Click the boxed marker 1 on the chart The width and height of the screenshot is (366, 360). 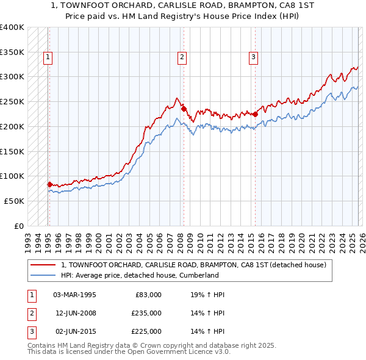pyautogui.click(x=48, y=58)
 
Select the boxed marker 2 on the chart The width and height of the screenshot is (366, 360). pyautogui.click(x=182, y=58)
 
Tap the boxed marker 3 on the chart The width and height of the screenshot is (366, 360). pyautogui.click(x=253, y=58)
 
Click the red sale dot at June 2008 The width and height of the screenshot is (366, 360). pyautogui.click(x=183, y=109)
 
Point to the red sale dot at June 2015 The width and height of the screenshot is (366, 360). pyautogui.click(x=255, y=113)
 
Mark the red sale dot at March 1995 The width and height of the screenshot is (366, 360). pyautogui.click(x=49, y=184)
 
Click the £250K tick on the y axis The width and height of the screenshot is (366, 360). pyautogui.click(x=12, y=102)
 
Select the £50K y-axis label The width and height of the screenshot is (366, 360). pyautogui.click(x=15, y=201)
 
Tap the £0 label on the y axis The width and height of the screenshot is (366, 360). pyautogui.click(x=20, y=226)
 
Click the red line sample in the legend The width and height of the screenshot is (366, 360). pyautogui.click(x=43, y=265)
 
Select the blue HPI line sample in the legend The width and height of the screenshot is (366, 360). pyautogui.click(x=43, y=275)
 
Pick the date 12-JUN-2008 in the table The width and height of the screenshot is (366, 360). pyautogui.click(x=75, y=313)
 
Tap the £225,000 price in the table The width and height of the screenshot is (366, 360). pyautogui.click(x=146, y=331)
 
